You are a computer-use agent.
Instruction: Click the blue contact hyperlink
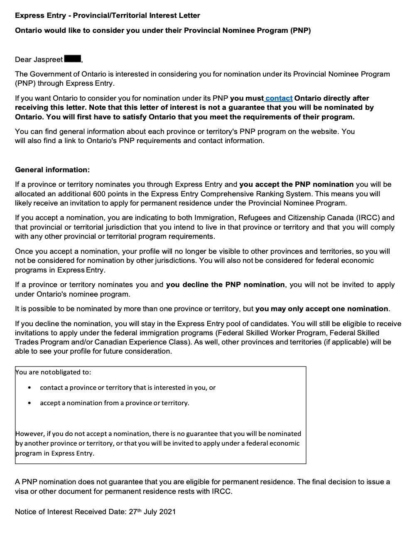[x=279, y=98]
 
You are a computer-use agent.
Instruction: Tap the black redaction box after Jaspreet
[x=73, y=59]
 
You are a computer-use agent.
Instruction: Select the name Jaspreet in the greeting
[x=48, y=59]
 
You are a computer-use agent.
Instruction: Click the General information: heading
[x=52, y=170]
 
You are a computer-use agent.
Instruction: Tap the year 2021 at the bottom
[x=167, y=512]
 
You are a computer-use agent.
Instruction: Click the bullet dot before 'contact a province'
[x=29, y=388]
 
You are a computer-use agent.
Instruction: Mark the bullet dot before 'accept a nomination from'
[x=29, y=403]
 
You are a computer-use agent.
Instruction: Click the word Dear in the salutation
[x=23, y=59]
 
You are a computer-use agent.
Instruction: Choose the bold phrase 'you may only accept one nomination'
[x=322, y=309]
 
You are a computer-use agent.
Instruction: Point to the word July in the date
[x=152, y=512]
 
